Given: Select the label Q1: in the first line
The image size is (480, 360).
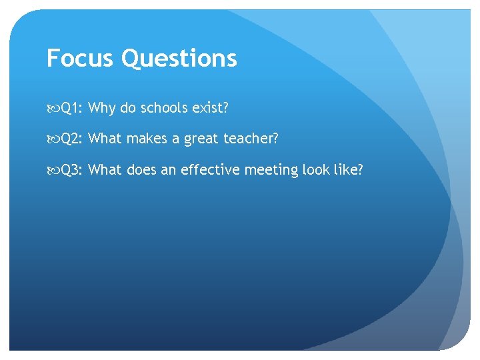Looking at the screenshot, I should pos(72,107).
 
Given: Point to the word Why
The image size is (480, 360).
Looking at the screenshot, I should pos(102,107).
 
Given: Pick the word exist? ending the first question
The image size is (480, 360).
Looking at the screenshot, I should pos(213,107).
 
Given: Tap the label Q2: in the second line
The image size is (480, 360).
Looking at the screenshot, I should pos(72,139).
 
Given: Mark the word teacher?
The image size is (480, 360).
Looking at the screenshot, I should pos(251,139).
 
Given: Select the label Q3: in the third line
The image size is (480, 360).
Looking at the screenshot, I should pos(72,170).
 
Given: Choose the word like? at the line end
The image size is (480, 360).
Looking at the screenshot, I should pos(350,170).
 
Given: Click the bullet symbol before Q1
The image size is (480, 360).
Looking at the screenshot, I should pos(53,108).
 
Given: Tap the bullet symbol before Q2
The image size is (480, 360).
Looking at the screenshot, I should pos(53,139).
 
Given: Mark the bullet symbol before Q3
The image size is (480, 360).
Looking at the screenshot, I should pos(53,171).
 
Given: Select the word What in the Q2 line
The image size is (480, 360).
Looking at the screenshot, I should pos(103,139).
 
